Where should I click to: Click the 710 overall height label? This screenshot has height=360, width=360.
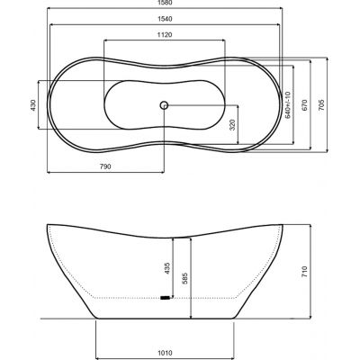306,270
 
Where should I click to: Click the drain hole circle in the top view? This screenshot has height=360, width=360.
164,105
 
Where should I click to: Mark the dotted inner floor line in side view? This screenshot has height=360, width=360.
126,297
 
